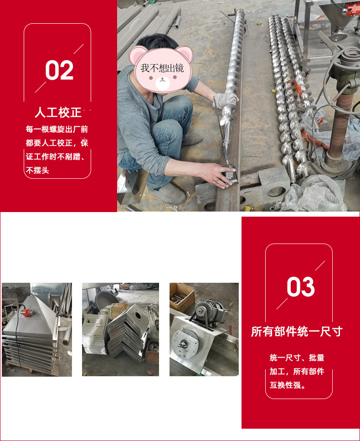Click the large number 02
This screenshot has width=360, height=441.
coord(59,71)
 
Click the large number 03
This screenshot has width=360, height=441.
coord(301,287)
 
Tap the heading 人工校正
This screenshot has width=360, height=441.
coord(58,112)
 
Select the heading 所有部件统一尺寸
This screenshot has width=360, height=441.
coord(297,331)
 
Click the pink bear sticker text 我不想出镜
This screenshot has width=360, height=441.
coord(162,68)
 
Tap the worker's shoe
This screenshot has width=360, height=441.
coord(170,195)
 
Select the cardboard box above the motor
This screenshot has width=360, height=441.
coord(182,297)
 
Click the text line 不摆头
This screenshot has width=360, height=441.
coord(37,171)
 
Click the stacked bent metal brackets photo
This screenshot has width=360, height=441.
coord(120,329)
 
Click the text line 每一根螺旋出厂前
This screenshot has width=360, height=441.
coord(57,129)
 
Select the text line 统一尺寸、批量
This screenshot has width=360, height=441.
coord(297,358)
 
